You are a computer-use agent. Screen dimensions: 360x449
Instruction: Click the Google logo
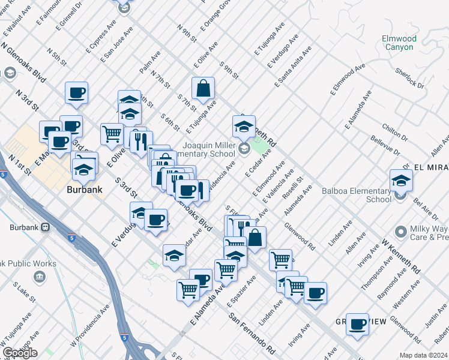(x=20, y=353)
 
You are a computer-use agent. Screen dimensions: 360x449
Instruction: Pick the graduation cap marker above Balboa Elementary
(x=401, y=179)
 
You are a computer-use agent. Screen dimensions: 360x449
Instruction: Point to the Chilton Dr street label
(x=394, y=133)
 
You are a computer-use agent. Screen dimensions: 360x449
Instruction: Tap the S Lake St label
(x=23, y=294)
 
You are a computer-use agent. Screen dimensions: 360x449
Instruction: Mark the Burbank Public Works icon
(x=39, y=277)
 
